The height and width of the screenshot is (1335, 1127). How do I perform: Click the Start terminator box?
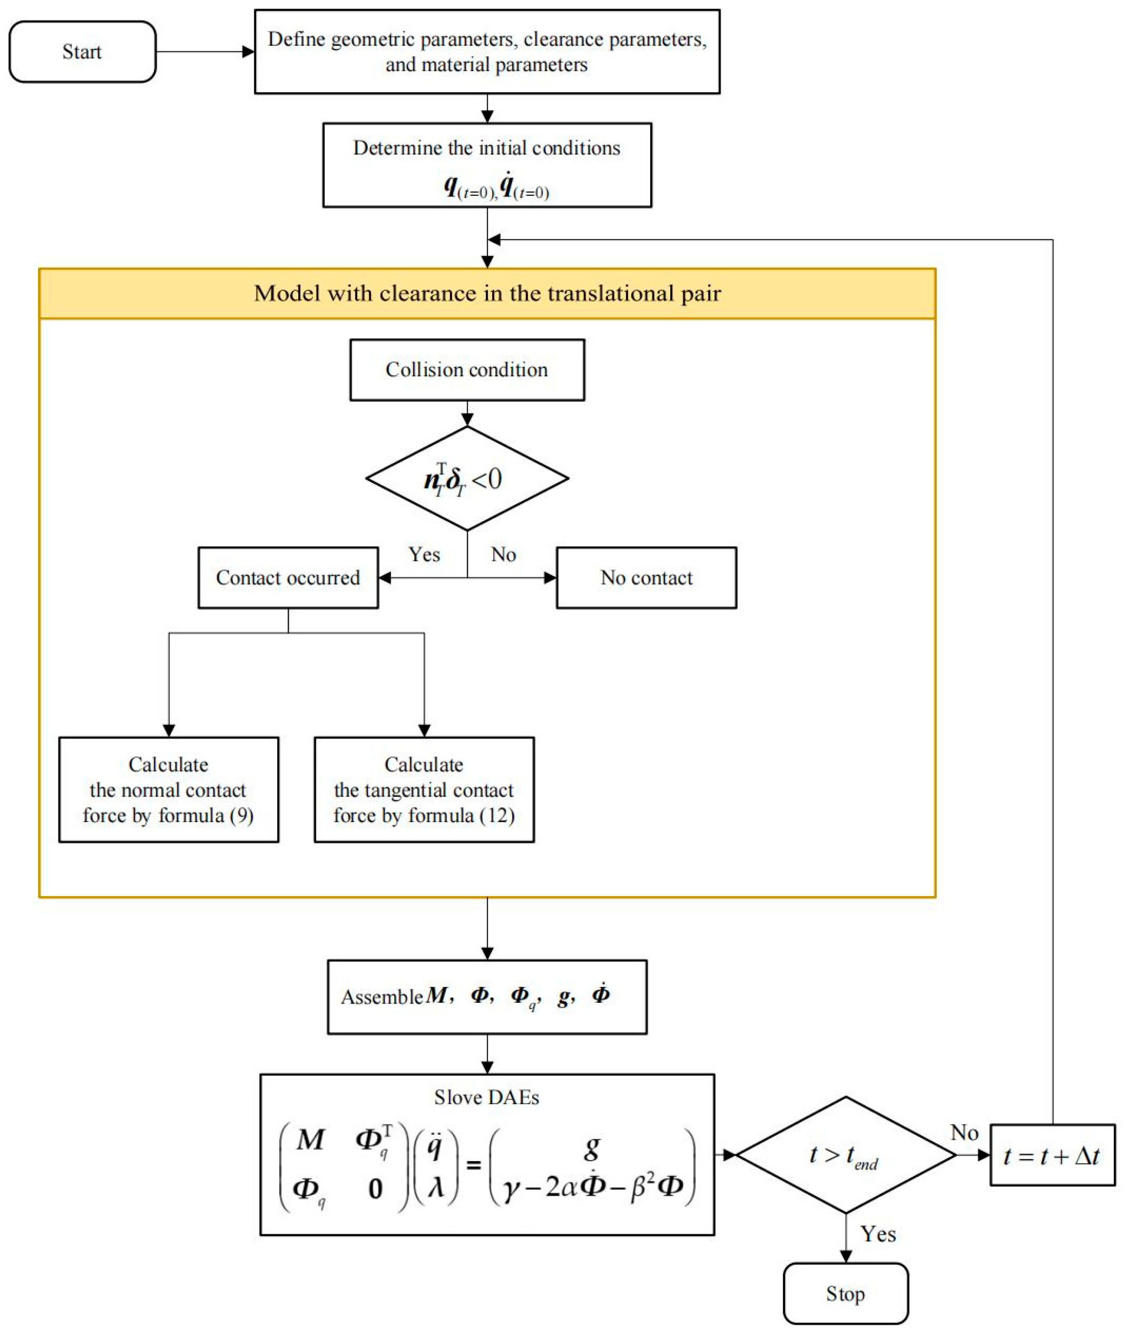pyautogui.click(x=82, y=52)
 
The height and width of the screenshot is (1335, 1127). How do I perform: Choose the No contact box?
pyautogui.click(x=646, y=577)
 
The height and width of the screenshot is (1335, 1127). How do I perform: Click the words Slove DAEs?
pyautogui.click(x=487, y=1098)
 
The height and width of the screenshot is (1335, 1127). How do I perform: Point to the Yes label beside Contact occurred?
pyautogui.click(x=424, y=554)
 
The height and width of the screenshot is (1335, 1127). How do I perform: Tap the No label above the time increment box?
pyautogui.click(x=964, y=1133)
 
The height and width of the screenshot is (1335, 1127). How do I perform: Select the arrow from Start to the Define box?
pyautogui.click(x=204, y=52)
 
